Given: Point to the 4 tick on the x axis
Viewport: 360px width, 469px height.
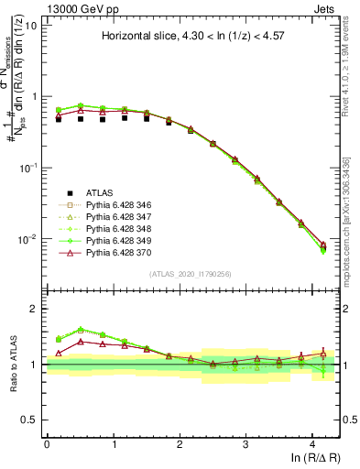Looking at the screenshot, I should [x=312, y=443].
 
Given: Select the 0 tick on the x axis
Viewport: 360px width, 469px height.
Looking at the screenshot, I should [x=47, y=443].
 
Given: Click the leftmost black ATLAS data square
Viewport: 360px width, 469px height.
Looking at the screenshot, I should [x=59, y=119].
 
